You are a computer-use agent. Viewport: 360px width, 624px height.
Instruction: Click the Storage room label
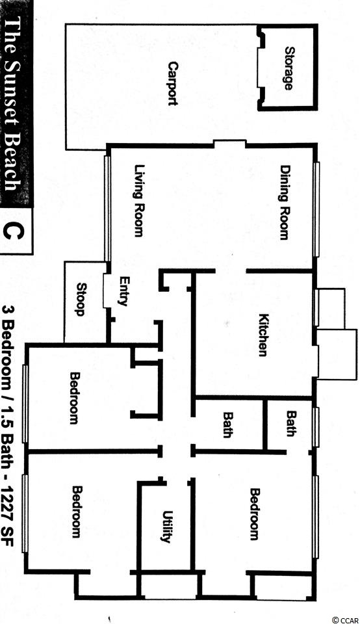pos(289,68)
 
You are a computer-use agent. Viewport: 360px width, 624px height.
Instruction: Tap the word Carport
pos(172,83)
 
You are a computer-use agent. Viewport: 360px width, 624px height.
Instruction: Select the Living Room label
pos(138,201)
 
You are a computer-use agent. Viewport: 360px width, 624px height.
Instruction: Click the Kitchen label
pos(264,335)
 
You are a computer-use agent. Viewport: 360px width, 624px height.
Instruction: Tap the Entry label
pos(123,291)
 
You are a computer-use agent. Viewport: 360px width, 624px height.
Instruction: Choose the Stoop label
pos(81,299)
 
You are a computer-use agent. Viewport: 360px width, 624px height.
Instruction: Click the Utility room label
pos(166,526)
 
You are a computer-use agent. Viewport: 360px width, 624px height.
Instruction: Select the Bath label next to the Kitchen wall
pos(227,424)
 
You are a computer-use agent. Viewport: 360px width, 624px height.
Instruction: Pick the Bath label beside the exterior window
pos(292,423)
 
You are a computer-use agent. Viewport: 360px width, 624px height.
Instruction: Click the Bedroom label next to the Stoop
pos(75,398)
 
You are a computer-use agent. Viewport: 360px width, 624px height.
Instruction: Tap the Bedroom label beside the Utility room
pos(77,512)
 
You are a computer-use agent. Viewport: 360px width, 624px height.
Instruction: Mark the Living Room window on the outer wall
pos(107,208)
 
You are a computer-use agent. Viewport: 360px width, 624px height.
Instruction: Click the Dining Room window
pos(316,209)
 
